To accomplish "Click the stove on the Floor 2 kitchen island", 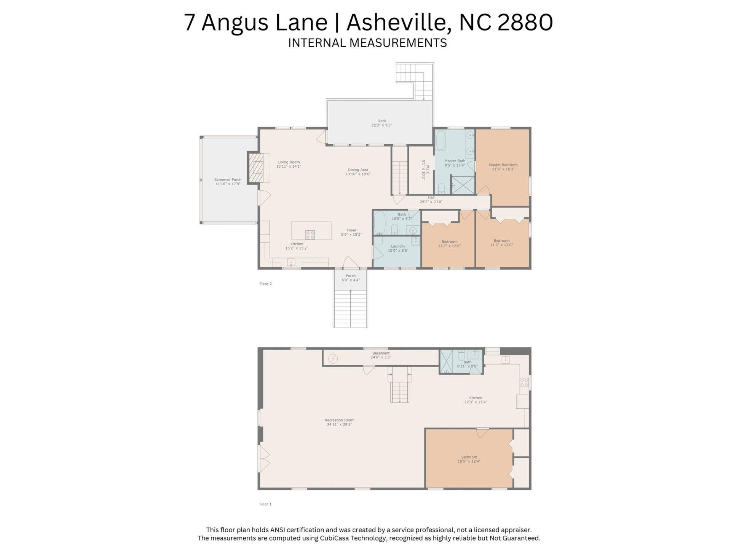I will tap(310, 234).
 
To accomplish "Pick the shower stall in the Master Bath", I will tap(463, 185).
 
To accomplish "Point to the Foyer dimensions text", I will tap(351, 234).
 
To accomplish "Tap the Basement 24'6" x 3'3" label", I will tap(381, 355).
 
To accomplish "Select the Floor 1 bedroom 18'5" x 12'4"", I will tap(469, 459).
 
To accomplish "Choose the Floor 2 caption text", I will tap(265, 284).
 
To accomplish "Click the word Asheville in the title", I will tap(396, 22).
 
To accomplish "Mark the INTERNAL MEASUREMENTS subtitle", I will tap(367, 43).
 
